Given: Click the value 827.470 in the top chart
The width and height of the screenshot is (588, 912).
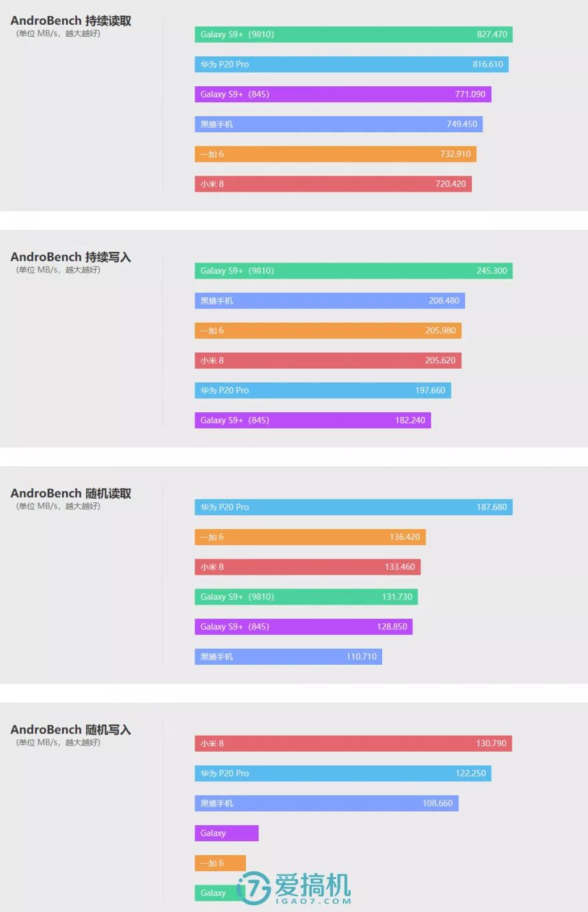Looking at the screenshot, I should tap(492, 34).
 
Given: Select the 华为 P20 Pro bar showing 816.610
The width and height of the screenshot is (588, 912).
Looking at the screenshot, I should tap(351, 64).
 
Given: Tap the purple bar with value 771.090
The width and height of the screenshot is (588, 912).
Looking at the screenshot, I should tap(343, 94).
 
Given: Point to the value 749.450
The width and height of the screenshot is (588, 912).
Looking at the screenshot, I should tap(462, 124).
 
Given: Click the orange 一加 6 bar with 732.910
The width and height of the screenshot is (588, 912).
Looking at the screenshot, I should tap(335, 154).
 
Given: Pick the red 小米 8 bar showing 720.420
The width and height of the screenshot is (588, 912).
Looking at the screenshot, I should tap(333, 184).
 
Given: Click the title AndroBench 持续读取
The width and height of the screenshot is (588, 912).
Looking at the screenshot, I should tap(71, 21).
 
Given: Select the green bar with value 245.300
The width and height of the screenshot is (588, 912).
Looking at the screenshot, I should tap(353, 271).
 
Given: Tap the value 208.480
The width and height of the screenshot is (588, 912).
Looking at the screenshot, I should tap(444, 301).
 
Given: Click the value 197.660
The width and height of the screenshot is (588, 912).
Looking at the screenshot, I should tap(430, 390).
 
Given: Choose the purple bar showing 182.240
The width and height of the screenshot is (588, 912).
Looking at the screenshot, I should tap(313, 420).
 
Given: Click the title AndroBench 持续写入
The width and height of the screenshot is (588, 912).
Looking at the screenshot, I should tap(71, 257).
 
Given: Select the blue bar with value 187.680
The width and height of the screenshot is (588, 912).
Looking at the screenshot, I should tap(353, 507).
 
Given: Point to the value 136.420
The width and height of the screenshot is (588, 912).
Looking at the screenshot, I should tap(405, 537).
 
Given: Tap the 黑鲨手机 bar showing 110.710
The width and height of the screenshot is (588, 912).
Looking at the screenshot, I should tap(288, 657).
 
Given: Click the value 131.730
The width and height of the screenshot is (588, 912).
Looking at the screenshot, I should tap(397, 597).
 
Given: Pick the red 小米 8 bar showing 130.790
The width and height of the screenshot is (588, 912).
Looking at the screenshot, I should tap(353, 744).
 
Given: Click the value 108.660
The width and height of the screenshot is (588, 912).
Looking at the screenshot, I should tap(438, 803).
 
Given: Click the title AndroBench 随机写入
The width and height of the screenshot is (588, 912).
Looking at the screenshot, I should tap(71, 730).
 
